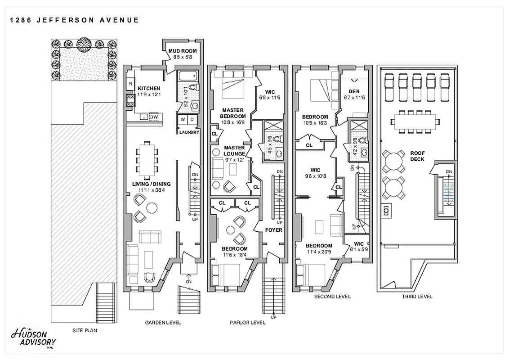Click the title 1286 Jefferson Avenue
pyautogui.click(x=74, y=20)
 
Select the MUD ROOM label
pyautogui.click(x=180, y=51)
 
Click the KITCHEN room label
pyautogui.click(x=149, y=88)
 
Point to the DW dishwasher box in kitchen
pyautogui.click(x=154, y=117)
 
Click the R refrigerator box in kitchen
pyautogui.click(x=130, y=84)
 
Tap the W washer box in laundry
pyautogui.click(x=183, y=119)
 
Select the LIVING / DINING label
pyautogui.click(x=151, y=184)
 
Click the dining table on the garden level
pyautogui.click(x=147, y=157)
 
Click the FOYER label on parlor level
pyautogui.click(x=273, y=230)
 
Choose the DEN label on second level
pyautogui.click(x=354, y=91)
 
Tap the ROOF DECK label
pyautogui.click(x=417, y=156)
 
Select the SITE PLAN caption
pyautogui.click(x=85, y=330)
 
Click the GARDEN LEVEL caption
pyautogui.click(x=163, y=323)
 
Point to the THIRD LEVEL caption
pyautogui.click(x=417, y=297)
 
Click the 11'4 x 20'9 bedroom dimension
pyautogui.click(x=319, y=252)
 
